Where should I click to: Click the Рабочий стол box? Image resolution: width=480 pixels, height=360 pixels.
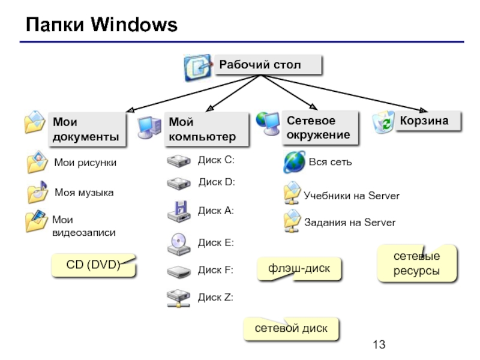click(x=268, y=65)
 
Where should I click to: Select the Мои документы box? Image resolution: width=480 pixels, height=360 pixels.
click(x=87, y=129)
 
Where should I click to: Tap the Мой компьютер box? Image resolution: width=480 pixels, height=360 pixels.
click(x=206, y=129)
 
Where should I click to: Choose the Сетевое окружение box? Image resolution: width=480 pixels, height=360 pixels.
click(x=320, y=127)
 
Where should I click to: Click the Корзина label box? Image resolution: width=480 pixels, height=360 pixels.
click(x=428, y=121)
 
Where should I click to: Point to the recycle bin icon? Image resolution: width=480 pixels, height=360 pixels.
click(x=383, y=122)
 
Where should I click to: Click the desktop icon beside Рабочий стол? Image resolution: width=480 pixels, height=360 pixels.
click(x=198, y=67)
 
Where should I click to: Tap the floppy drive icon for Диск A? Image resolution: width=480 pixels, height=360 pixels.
click(x=179, y=211)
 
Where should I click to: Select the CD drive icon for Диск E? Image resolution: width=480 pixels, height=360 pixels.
click(x=179, y=244)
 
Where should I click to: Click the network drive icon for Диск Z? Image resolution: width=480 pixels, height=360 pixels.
click(x=178, y=298)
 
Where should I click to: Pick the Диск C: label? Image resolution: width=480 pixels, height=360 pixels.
click(x=216, y=160)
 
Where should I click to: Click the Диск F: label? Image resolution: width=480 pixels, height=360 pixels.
click(x=215, y=270)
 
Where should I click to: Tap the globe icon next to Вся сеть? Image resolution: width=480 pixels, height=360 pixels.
click(x=295, y=162)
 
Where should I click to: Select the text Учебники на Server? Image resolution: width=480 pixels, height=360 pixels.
click(x=352, y=196)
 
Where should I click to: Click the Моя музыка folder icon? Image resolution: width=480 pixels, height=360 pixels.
click(x=37, y=192)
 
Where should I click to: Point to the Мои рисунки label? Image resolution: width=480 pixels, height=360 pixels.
click(x=85, y=162)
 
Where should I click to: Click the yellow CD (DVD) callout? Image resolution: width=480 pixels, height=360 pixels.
click(x=94, y=265)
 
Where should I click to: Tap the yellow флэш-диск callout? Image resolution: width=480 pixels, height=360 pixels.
click(x=299, y=268)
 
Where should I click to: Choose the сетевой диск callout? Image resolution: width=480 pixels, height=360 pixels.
click(x=291, y=328)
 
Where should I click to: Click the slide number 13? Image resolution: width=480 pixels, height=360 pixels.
click(x=379, y=344)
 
